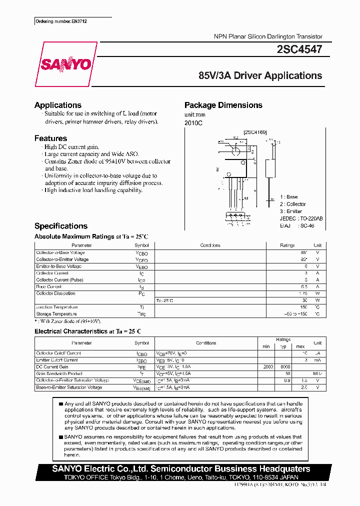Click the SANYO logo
click(x=66, y=64)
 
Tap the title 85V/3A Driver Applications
click(x=260, y=75)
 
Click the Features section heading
click(x=50, y=138)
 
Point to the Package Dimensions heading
click(x=223, y=105)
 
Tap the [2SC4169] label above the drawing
click(x=255, y=132)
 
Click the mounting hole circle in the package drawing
click(x=236, y=149)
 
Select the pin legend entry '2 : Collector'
click(x=292, y=204)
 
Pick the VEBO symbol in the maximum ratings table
click(x=141, y=267)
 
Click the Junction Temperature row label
click(x=57, y=307)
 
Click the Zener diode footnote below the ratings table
click(x=67, y=321)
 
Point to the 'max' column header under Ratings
click(x=300, y=346)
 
